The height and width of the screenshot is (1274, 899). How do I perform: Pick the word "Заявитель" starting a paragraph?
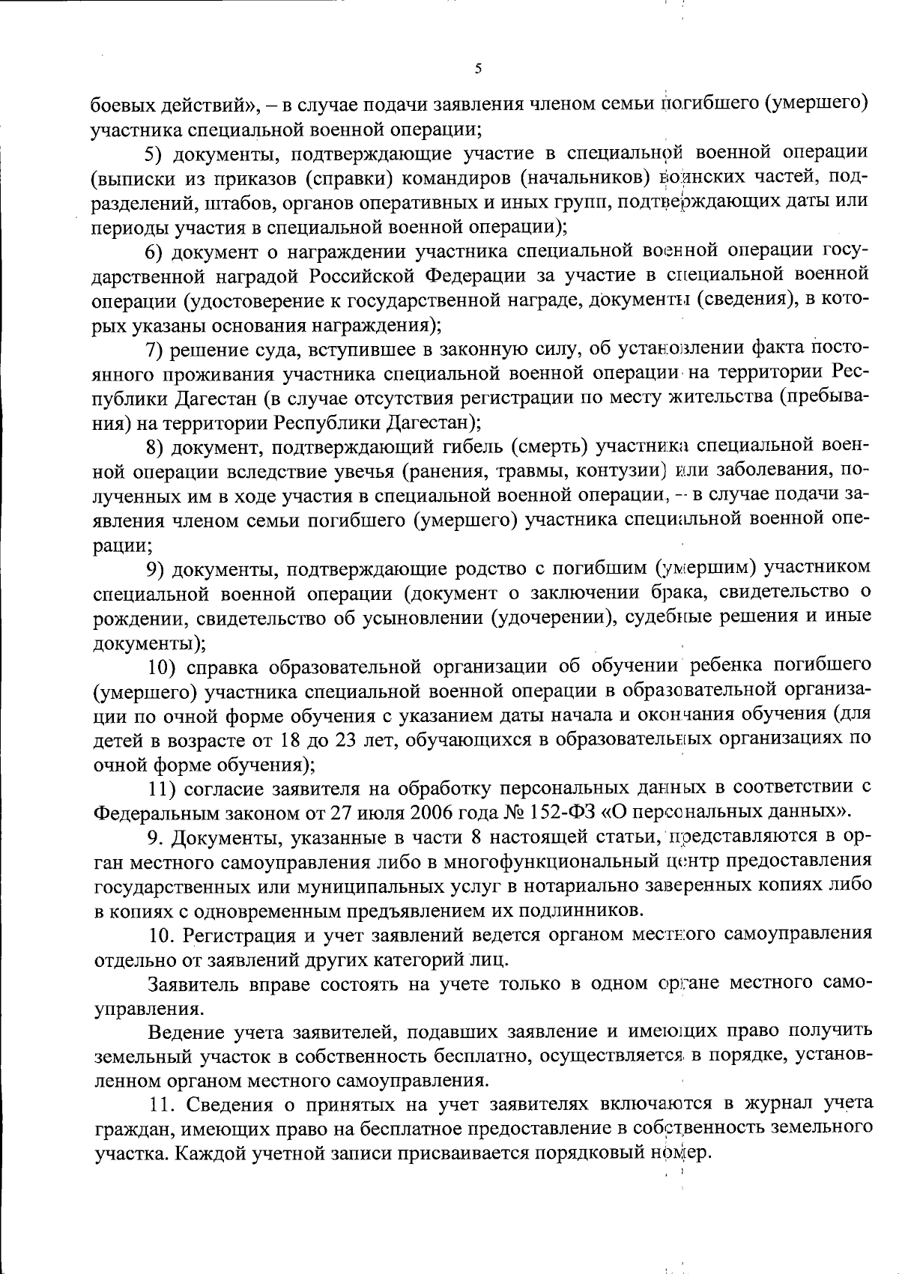pyautogui.click(x=193, y=983)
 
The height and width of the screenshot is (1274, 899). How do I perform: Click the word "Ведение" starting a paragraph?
pyautogui.click(x=186, y=1033)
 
